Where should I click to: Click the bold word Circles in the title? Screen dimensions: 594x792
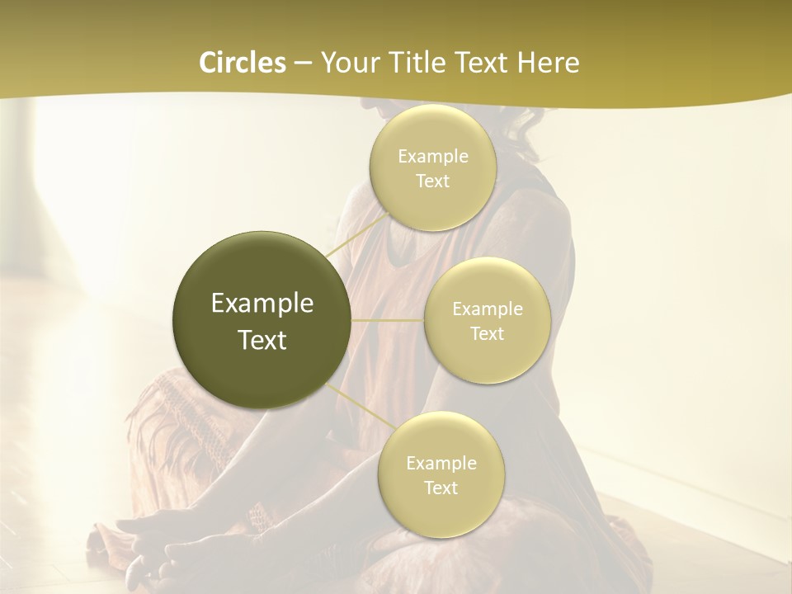(x=242, y=63)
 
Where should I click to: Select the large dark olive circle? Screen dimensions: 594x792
(x=262, y=320)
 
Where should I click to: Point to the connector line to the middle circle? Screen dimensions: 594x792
(x=388, y=319)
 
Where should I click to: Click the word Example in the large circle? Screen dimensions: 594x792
(x=262, y=304)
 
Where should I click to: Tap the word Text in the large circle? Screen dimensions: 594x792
(x=262, y=340)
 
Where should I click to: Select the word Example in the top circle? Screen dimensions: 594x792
(x=433, y=156)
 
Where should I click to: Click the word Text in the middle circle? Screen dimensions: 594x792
(x=488, y=333)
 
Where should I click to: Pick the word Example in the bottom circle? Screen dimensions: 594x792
(x=441, y=463)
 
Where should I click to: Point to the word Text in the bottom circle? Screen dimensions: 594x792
(x=441, y=488)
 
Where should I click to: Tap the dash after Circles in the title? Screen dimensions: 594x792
(x=303, y=64)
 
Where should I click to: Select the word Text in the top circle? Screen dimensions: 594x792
(x=433, y=181)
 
